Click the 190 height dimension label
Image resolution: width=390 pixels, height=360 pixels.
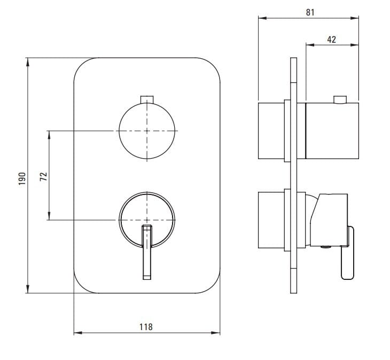point(22,178)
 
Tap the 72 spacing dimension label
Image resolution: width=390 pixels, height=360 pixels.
point(43,176)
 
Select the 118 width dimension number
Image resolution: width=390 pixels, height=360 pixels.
point(146,327)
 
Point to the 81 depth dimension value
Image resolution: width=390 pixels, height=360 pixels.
point(310,12)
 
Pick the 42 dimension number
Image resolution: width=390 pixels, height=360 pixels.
point(332,40)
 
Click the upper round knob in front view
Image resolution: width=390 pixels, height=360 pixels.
point(147,131)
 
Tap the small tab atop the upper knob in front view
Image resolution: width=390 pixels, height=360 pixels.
point(147,99)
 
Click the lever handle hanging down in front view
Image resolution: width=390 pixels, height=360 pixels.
point(147,252)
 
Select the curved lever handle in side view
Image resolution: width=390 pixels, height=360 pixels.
point(348,253)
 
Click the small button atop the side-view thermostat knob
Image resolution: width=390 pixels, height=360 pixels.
point(340,99)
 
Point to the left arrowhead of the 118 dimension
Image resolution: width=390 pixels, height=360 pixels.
point(78,333)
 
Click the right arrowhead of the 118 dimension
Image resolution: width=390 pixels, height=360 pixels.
point(216,333)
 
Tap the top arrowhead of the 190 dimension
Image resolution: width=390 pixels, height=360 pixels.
point(28,62)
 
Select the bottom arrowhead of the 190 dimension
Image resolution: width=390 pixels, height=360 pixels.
point(28,289)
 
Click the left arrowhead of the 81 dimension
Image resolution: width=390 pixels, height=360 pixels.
point(263,18)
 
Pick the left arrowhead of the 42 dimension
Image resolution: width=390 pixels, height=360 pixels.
point(310,45)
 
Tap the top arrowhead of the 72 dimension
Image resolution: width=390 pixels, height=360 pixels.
point(49,135)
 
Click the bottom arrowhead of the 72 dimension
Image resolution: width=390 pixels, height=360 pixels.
point(49,216)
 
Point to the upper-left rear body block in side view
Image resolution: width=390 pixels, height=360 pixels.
point(271,130)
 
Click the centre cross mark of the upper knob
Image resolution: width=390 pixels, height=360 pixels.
point(147,131)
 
